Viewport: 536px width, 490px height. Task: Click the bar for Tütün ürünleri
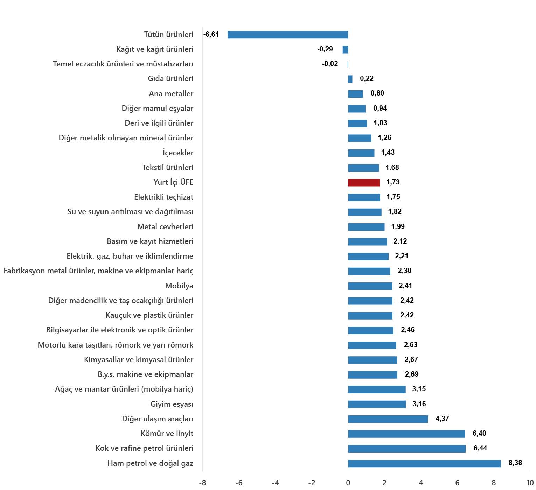point(288,35)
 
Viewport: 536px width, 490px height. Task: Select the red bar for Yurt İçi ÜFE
point(364,182)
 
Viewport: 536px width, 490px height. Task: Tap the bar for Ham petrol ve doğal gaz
point(424,463)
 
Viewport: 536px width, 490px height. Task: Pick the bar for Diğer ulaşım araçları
point(388,419)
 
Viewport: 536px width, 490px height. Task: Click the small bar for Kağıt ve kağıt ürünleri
point(345,49)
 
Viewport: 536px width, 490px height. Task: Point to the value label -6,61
point(211,34)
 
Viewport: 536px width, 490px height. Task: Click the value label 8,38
point(515,463)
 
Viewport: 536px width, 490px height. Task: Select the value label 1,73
point(393,182)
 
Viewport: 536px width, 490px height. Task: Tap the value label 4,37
point(442,419)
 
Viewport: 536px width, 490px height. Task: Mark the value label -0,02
point(330,64)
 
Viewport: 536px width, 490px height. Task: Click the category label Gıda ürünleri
point(170,79)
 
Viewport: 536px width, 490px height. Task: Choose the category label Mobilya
point(179,286)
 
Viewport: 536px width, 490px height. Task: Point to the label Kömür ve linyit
point(167,434)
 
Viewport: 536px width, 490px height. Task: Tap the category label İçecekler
point(178,153)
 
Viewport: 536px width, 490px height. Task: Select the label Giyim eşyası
point(172,404)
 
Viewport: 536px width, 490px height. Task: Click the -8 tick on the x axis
point(202,483)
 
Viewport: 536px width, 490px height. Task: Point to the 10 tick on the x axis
point(530,483)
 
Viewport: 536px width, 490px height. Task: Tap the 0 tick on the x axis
point(348,483)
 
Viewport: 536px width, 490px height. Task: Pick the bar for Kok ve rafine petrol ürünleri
point(407,449)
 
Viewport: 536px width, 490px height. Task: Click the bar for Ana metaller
point(355,94)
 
